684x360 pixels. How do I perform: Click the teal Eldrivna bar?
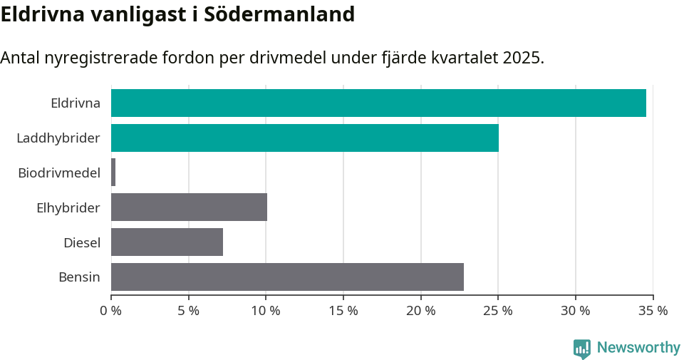pyautogui.click(x=378, y=103)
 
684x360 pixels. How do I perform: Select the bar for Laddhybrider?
pyautogui.click(x=305, y=138)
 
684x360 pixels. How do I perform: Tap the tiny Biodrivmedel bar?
pyautogui.click(x=113, y=173)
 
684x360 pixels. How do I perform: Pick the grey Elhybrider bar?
pyautogui.click(x=189, y=207)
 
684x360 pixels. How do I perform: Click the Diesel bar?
pyautogui.click(x=167, y=242)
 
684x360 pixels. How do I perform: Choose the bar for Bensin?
pyautogui.click(x=287, y=277)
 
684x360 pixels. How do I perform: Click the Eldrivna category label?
pyautogui.click(x=76, y=103)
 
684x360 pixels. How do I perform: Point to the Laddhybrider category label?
pyautogui.click(x=58, y=138)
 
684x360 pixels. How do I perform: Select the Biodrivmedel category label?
pyautogui.click(x=59, y=173)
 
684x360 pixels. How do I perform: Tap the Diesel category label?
pyautogui.click(x=82, y=243)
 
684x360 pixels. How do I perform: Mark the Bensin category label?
pyautogui.click(x=79, y=277)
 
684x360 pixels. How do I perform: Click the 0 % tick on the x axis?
pyautogui.click(x=111, y=311)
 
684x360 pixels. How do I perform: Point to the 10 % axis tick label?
pyautogui.click(x=266, y=311)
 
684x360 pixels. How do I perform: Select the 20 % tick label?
pyautogui.click(x=420, y=311)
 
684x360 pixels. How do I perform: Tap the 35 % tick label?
pyautogui.click(x=653, y=311)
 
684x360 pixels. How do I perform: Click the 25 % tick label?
pyautogui.click(x=498, y=311)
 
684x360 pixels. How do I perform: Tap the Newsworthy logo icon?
pyautogui.click(x=582, y=348)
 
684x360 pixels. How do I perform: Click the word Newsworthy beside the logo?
pyautogui.click(x=638, y=348)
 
